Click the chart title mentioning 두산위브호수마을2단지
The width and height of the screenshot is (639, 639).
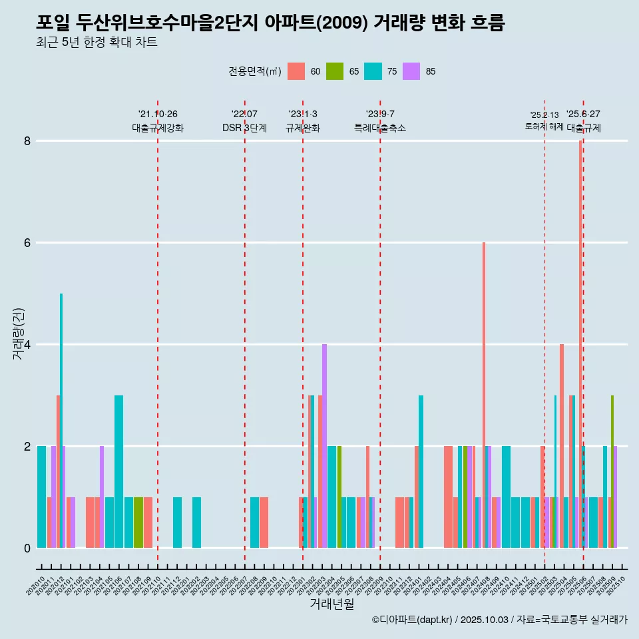[270, 23]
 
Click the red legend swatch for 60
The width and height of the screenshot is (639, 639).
[296, 71]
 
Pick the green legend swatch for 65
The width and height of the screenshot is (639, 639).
[335, 71]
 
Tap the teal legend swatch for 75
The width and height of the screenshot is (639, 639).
[373, 71]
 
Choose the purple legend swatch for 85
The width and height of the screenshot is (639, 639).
[412, 71]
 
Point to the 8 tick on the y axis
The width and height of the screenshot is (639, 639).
[27, 141]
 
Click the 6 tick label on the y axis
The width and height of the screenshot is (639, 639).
[27, 243]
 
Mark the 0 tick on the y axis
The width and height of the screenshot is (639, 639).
[27, 548]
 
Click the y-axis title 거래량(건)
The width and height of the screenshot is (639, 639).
[18, 333]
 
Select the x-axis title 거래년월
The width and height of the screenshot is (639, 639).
[331, 604]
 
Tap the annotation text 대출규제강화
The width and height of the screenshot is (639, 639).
[158, 128]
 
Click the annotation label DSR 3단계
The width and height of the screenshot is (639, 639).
[245, 128]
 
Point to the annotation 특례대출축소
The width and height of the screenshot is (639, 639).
[380, 128]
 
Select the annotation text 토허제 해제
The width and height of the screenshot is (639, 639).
[544, 126]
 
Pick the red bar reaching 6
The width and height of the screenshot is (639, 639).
[484, 393]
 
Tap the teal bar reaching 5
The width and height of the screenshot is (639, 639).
[61, 419]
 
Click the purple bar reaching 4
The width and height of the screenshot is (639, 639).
[324, 446]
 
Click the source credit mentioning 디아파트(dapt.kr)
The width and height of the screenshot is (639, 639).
[499, 620]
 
